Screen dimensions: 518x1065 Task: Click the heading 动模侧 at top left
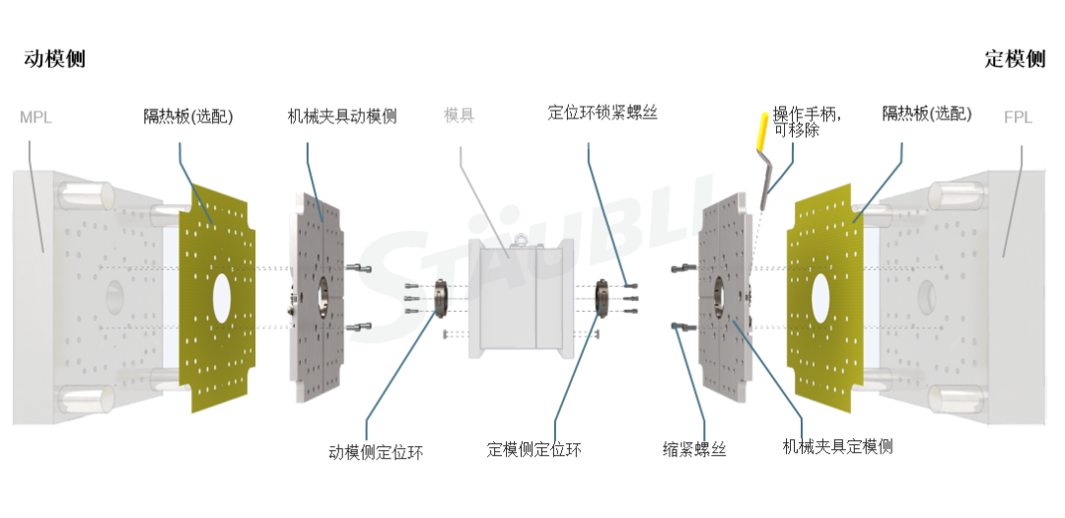pyautogui.click(x=54, y=59)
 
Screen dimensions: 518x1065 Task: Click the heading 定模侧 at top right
pyautogui.click(x=1015, y=59)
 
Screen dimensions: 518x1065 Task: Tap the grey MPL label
pyautogui.click(x=35, y=117)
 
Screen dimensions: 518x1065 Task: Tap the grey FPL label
pyautogui.click(x=1018, y=117)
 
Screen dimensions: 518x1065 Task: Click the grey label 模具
pyautogui.click(x=459, y=115)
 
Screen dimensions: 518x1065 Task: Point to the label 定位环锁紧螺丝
pyautogui.click(x=602, y=112)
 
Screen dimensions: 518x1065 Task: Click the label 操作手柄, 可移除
pyautogui.click(x=807, y=120)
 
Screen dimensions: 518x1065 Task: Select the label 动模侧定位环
pyautogui.click(x=376, y=453)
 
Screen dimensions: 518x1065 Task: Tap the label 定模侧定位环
pyautogui.click(x=533, y=450)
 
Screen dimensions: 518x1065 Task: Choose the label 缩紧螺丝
pyautogui.click(x=694, y=450)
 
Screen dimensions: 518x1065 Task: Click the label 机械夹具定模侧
pyautogui.click(x=837, y=447)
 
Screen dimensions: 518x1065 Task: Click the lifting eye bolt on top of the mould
pyautogui.click(x=513, y=237)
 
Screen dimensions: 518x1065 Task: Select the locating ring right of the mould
pyautogui.click(x=603, y=297)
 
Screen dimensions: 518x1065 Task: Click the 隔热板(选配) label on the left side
pyautogui.click(x=188, y=116)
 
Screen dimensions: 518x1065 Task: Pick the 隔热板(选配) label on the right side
pyautogui.click(x=926, y=114)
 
